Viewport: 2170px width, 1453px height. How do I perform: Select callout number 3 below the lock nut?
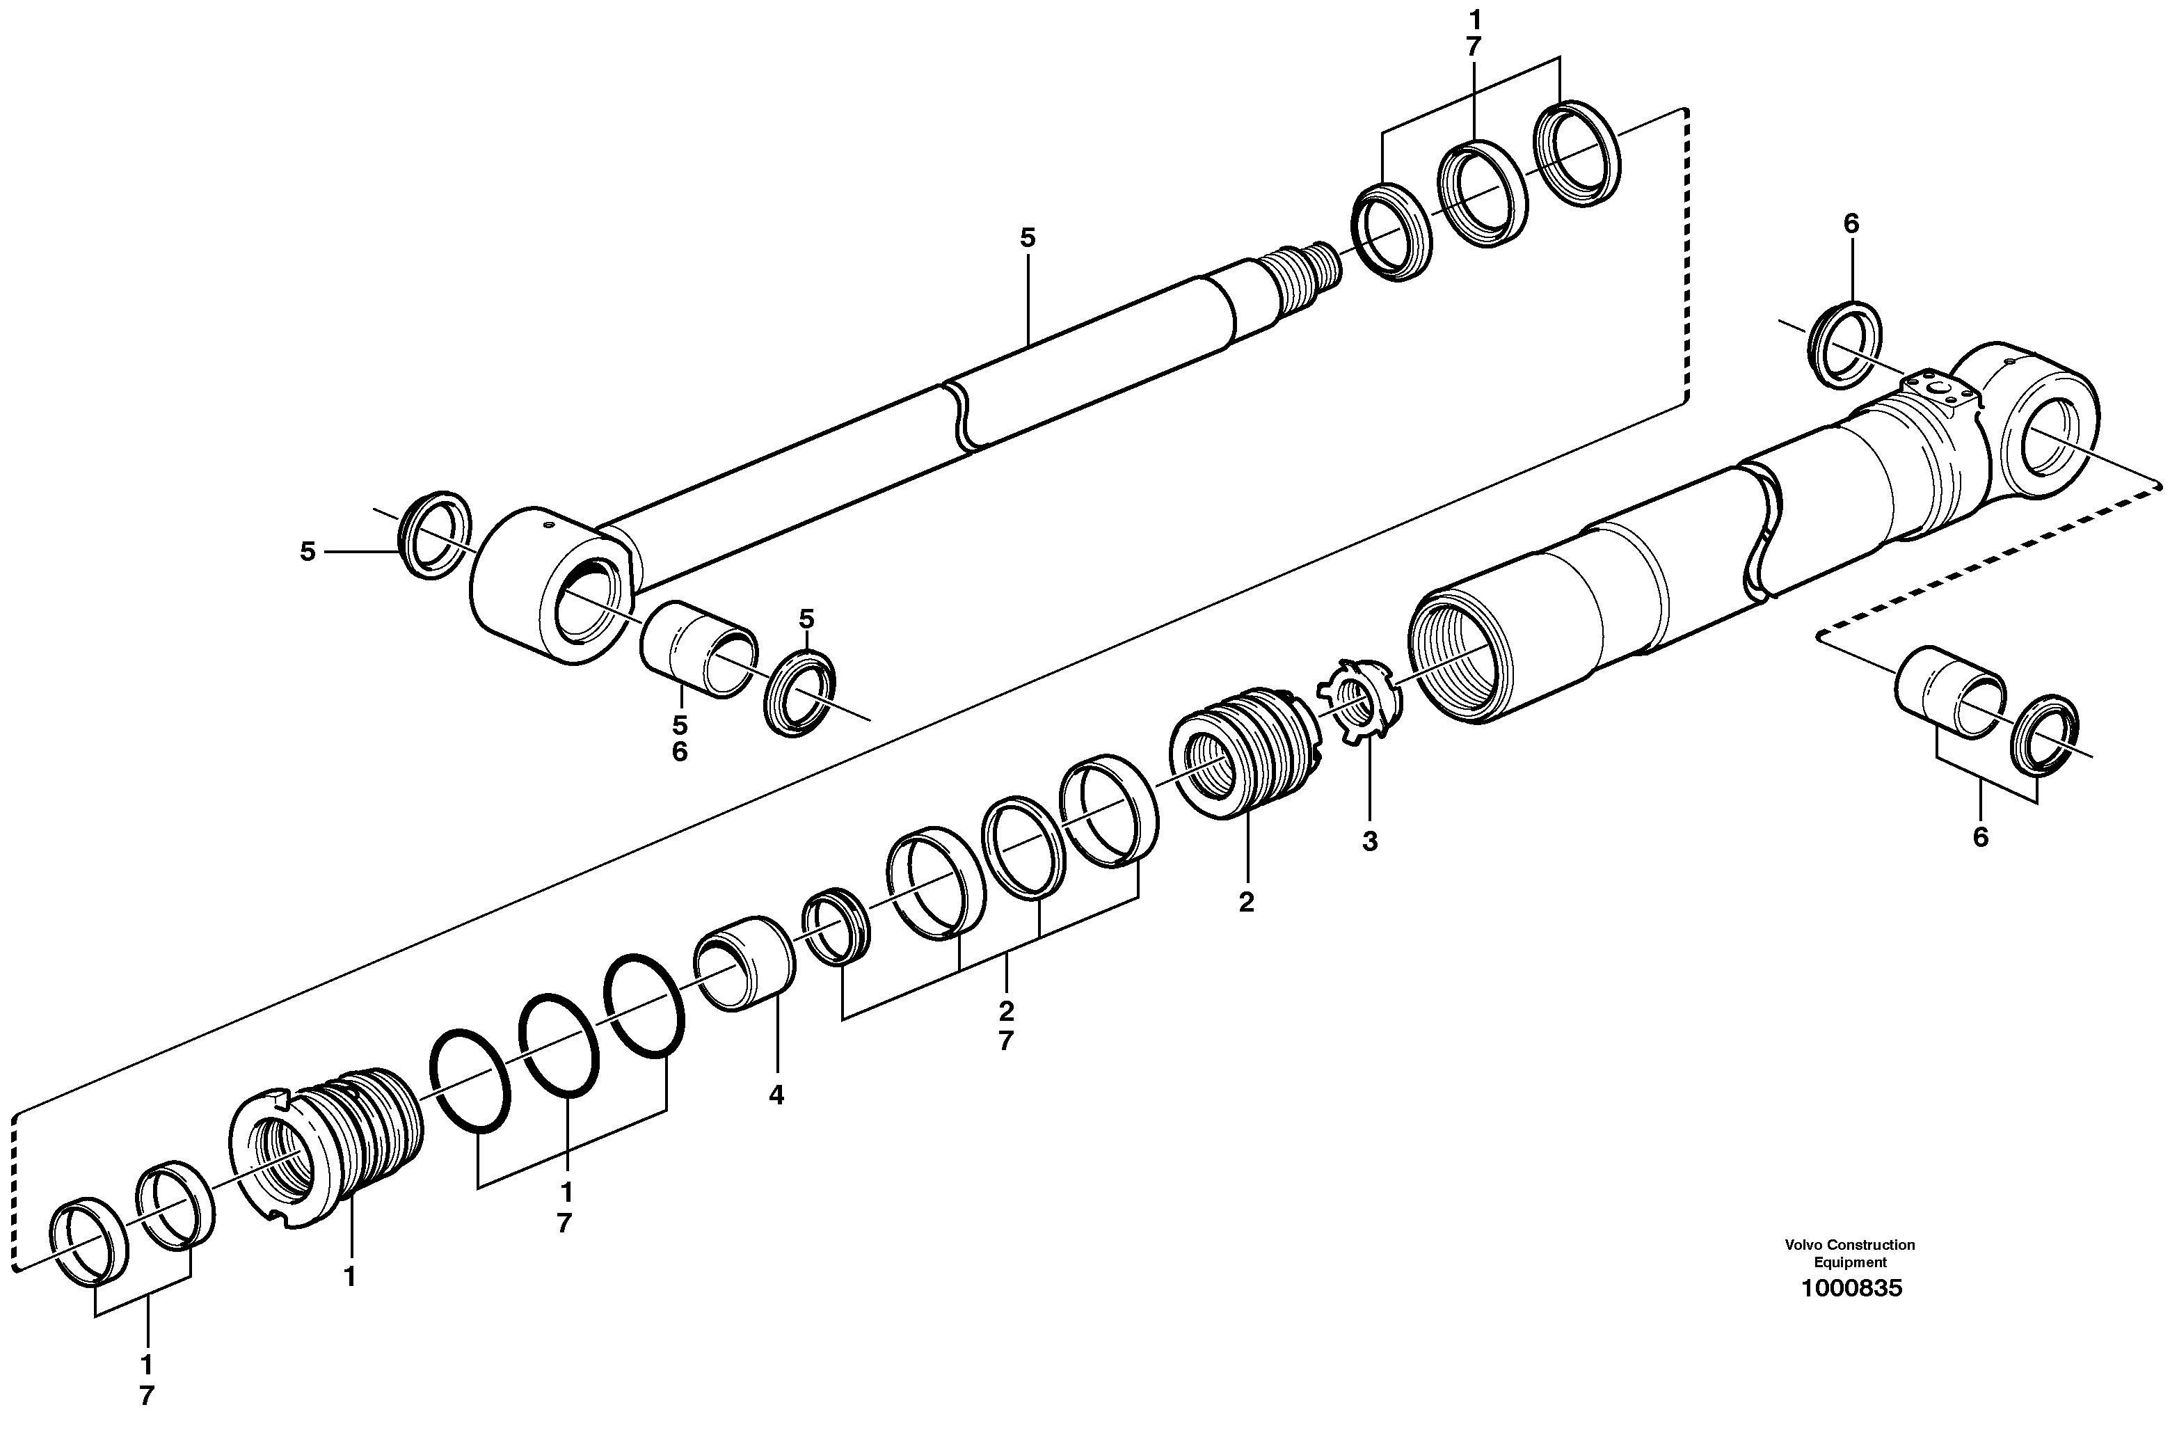1369,841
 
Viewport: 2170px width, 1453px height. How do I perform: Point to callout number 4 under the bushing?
776,1095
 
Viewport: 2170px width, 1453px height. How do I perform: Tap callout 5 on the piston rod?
1028,238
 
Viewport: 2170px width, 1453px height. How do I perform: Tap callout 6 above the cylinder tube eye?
1851,223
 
